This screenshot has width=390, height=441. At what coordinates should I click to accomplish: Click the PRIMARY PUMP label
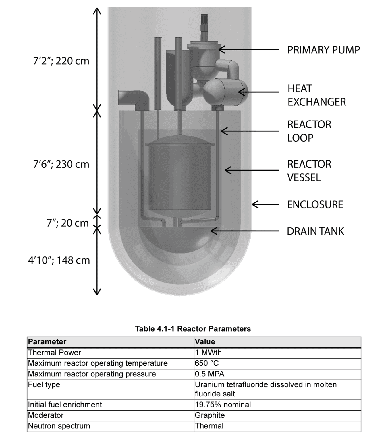coord(323,50)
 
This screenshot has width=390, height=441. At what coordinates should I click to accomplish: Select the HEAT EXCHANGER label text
coord(316,95)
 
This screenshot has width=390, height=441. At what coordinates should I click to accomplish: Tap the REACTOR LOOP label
coord(309,131)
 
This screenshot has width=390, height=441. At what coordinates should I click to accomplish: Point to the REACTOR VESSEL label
coord(309,171)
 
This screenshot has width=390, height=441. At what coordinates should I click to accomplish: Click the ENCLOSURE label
coord(315,205)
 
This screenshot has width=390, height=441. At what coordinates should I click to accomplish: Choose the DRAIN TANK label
coord(315,231)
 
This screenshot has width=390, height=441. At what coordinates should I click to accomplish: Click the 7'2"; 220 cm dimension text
coord(61,61)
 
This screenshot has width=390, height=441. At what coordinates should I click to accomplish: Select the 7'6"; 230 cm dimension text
coord(61,165)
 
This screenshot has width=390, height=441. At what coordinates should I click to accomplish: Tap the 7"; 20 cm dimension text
coord(68,223)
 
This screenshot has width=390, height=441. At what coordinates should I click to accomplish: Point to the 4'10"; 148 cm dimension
coord(59,260)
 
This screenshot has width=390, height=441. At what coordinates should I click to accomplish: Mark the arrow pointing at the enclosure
coord(265,204)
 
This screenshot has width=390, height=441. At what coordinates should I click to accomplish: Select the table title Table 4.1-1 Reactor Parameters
coord(193,329)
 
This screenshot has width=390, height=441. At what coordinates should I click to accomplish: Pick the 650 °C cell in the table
coord(207,363)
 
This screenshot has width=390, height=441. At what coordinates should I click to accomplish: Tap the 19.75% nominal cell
coord(223,405)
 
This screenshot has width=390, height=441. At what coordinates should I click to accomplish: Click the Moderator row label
coord(46,415)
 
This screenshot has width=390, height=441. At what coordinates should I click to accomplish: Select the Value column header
coord(205,342)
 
